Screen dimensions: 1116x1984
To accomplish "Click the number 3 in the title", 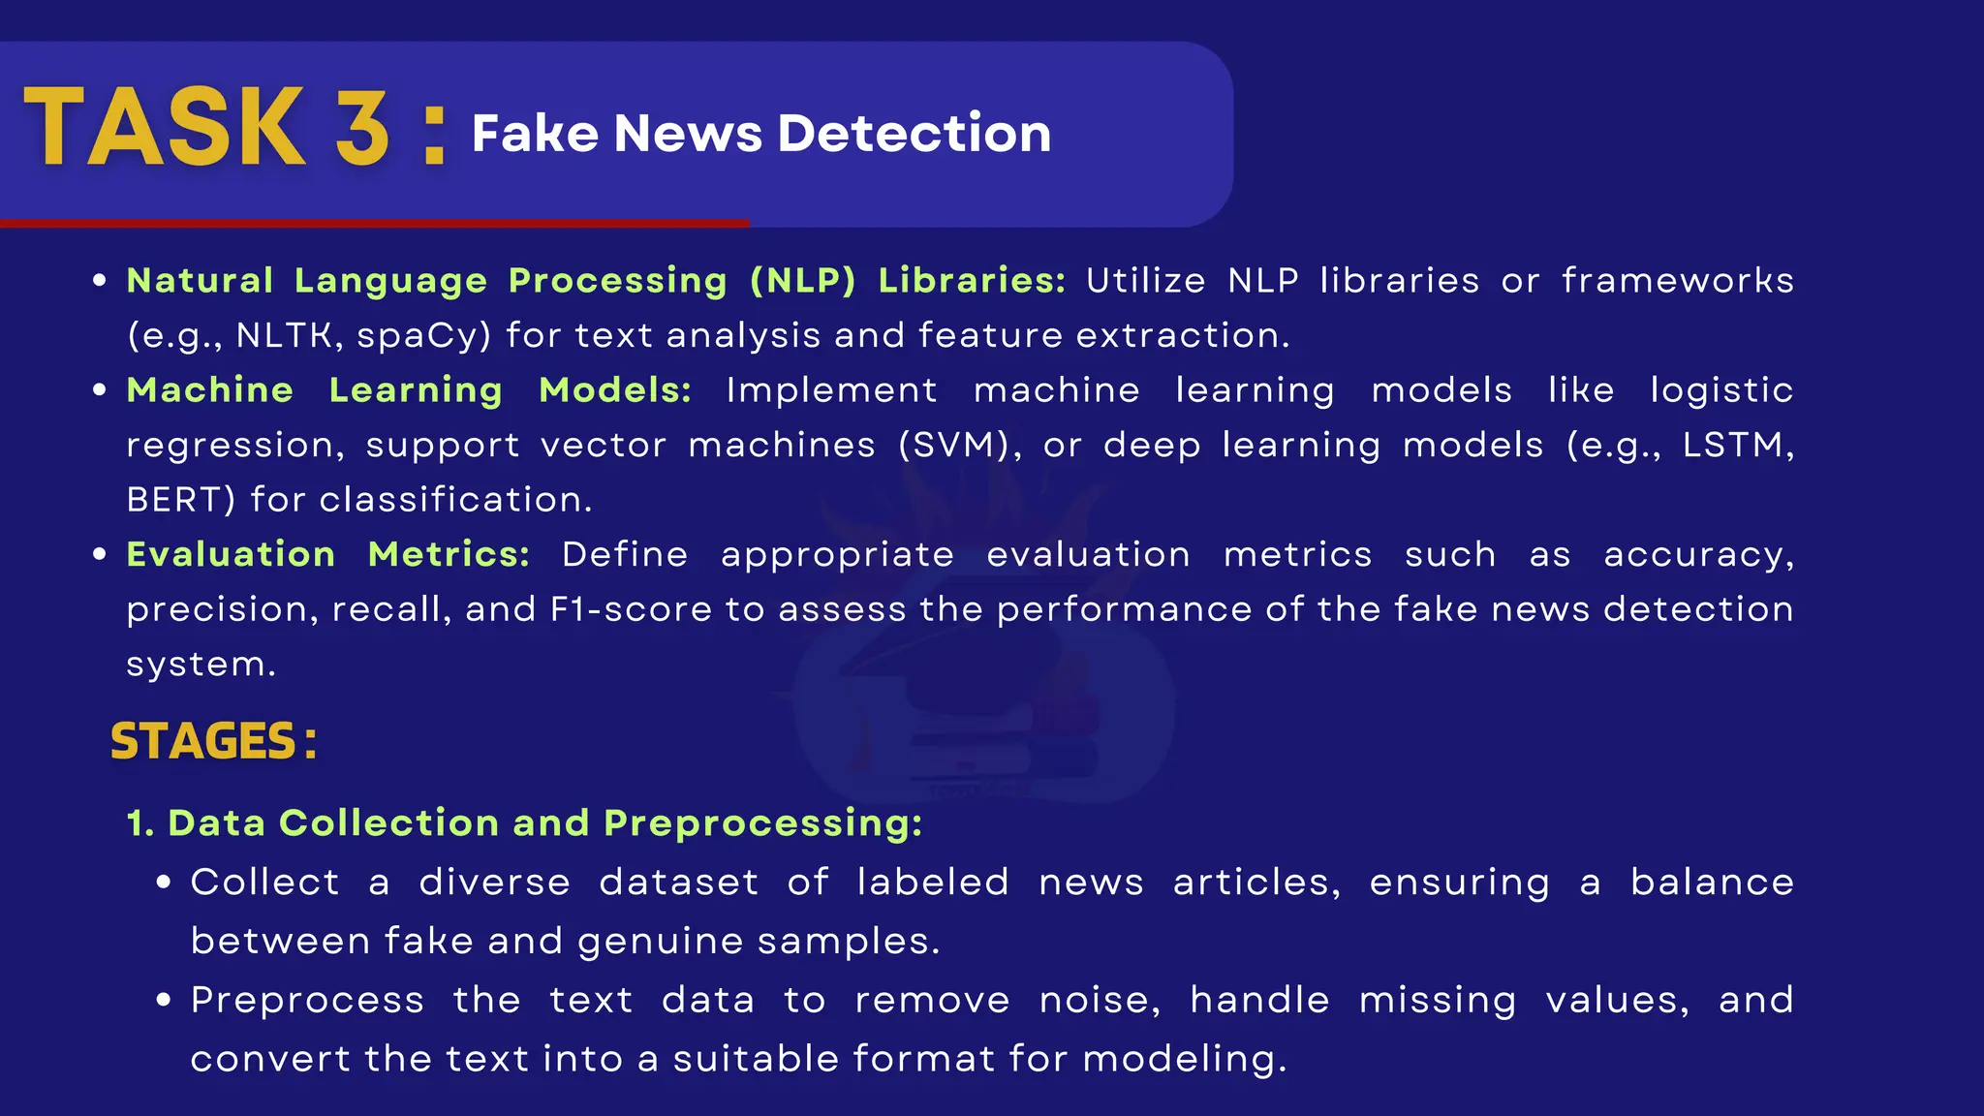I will (x=362, y=128).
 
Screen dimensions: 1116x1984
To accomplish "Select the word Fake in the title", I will (x=534, y=133).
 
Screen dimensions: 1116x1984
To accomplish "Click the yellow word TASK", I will (x=164, y=128).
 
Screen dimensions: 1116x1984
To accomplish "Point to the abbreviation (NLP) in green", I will (x=803, y=280).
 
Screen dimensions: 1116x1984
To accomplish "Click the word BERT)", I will (x=181, y=500).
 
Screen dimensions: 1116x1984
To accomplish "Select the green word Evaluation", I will (x=231, y=554).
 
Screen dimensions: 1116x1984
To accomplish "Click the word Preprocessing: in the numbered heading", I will (x=762, y=823).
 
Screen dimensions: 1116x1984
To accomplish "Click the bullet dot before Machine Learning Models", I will (x=99, y=390).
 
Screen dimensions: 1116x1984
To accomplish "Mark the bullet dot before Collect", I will (x=164, y=883).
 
